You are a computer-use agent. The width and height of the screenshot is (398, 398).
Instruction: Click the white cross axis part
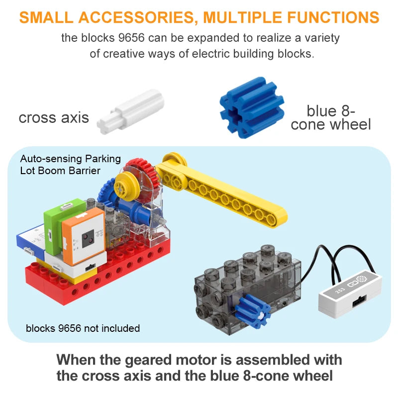point(131,111)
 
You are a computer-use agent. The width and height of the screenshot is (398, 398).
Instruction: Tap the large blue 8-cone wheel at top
point(252,107)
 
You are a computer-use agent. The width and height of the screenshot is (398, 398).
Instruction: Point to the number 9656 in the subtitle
point(131,38)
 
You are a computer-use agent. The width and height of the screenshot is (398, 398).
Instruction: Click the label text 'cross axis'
point(54,117)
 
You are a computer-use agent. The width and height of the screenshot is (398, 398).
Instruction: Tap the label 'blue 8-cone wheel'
point(331,118)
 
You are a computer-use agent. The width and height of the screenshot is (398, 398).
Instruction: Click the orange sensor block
point(84,235)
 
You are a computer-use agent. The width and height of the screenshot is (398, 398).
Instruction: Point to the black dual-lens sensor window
point(88,239)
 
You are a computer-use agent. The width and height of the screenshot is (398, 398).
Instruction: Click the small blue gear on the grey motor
point(253,311)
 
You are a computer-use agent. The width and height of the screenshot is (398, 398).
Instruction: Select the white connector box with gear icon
point(350,294)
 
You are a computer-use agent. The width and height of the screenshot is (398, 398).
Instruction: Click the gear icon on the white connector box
point(362,279)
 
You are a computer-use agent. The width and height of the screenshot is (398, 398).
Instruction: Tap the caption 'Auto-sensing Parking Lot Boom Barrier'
point(70,165)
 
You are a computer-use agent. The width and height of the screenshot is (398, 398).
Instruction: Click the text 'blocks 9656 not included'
point(83,328)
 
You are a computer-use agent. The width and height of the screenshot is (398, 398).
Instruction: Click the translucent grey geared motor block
point(247,290)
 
